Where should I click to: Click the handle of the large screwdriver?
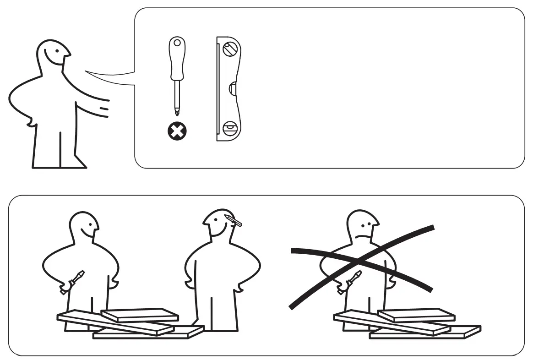pos(177,60)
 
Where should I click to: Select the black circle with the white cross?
pos(177,133)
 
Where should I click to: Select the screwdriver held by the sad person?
pos(353,279)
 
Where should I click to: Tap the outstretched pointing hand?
pos(103,108)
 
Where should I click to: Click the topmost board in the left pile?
pos(140,315)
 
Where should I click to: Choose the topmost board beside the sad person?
pos(416,315)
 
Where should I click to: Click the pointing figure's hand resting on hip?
pos(31,123)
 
